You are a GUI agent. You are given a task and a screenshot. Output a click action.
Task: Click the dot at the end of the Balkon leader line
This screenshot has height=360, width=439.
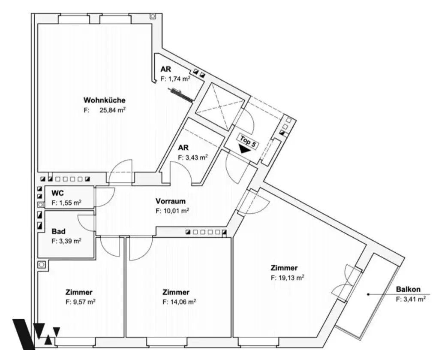(368, 294)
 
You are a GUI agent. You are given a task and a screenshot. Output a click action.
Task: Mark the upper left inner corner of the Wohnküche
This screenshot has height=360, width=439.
(38, 24)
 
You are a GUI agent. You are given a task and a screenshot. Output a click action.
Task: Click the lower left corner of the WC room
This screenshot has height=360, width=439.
(45, 208)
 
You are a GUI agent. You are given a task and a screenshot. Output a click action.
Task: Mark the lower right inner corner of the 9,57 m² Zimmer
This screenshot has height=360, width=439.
(123, 336)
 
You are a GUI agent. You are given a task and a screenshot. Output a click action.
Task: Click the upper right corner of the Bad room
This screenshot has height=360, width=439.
(94, 211)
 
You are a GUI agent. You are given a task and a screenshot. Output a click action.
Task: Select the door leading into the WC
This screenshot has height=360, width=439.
(104, 197)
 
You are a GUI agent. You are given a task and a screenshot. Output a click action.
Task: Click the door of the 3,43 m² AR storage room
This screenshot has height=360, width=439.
(181, 174)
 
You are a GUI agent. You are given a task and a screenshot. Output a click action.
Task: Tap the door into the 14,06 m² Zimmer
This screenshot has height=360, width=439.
(141, 248)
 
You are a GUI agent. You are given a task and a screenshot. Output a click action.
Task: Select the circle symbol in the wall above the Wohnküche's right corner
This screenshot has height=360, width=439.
(153, 17)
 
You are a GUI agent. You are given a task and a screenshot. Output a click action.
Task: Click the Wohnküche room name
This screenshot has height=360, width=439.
(105, 100)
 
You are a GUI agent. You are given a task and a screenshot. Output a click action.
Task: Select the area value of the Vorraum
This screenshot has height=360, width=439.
(172, 211)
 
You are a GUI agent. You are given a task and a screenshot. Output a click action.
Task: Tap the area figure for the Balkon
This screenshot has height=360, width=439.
(411, 299)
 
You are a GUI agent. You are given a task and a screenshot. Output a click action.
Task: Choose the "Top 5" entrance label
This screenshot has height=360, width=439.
(248, 141)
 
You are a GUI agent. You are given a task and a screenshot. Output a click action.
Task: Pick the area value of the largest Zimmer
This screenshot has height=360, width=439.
(288, 278)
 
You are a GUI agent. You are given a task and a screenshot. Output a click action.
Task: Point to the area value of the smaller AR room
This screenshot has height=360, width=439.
(175, 79)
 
